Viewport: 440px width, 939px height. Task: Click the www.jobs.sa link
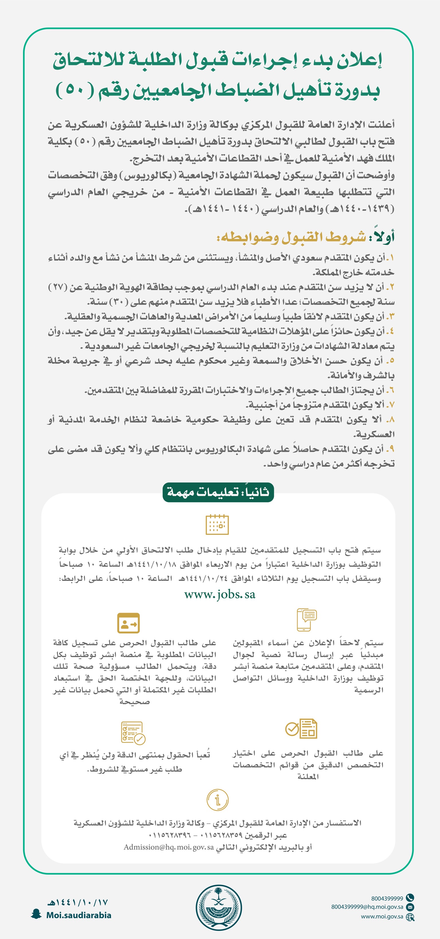[220, 595]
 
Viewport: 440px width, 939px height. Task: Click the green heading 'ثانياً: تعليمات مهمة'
[218, 492]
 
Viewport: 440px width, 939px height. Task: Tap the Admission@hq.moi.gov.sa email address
[169, 847]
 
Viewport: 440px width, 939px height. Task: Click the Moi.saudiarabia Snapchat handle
[79, 915]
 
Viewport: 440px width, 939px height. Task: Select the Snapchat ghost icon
[36, 914]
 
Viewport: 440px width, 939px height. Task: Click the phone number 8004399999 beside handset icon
[387, 898]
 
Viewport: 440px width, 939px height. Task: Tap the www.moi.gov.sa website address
[382, 916]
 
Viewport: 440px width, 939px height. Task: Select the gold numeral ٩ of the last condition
[390, 449]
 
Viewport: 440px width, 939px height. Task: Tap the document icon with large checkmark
[301, 729]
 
